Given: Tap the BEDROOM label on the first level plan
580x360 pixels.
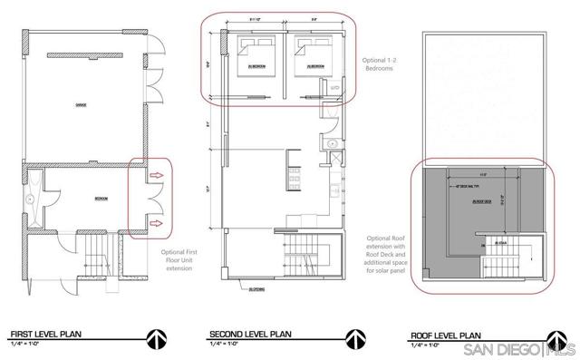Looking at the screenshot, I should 101,199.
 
